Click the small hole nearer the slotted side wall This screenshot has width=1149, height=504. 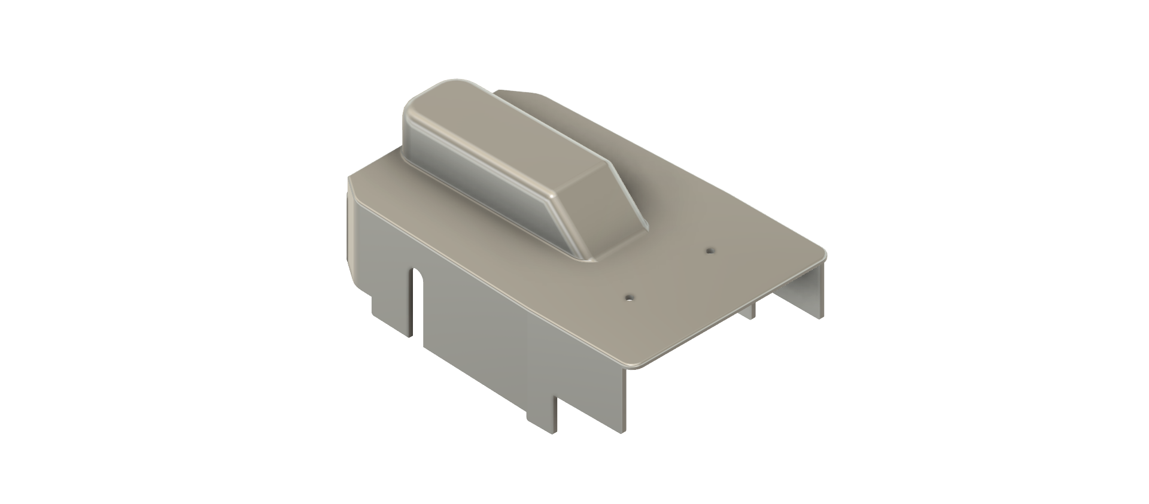(629, 296)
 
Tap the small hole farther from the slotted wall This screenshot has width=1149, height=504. (710, 250)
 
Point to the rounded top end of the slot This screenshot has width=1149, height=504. (417, 275)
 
